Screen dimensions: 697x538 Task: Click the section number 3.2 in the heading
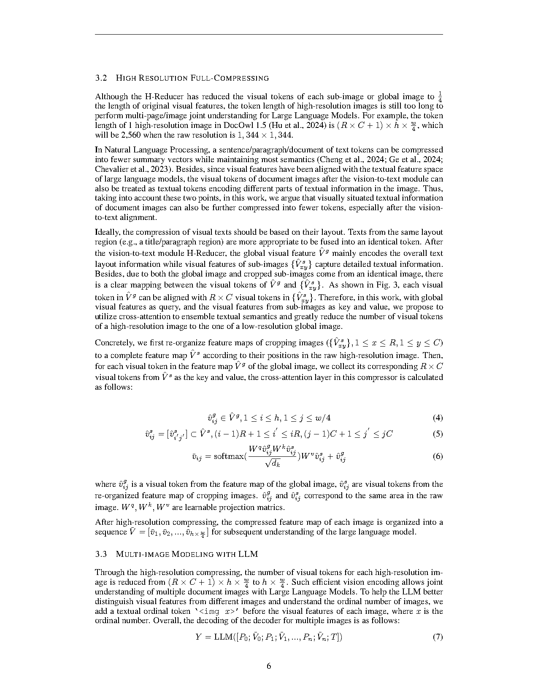click(100, 78)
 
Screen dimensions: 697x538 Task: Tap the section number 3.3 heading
click(100, 553)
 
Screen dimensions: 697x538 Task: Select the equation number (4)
click(438, 418)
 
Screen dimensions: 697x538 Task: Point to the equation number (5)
click(438, 434)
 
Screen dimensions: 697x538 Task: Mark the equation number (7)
click(438, 637)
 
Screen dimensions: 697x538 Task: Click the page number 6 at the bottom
click(269, 666)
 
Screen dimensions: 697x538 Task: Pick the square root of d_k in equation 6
click(273, 464)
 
